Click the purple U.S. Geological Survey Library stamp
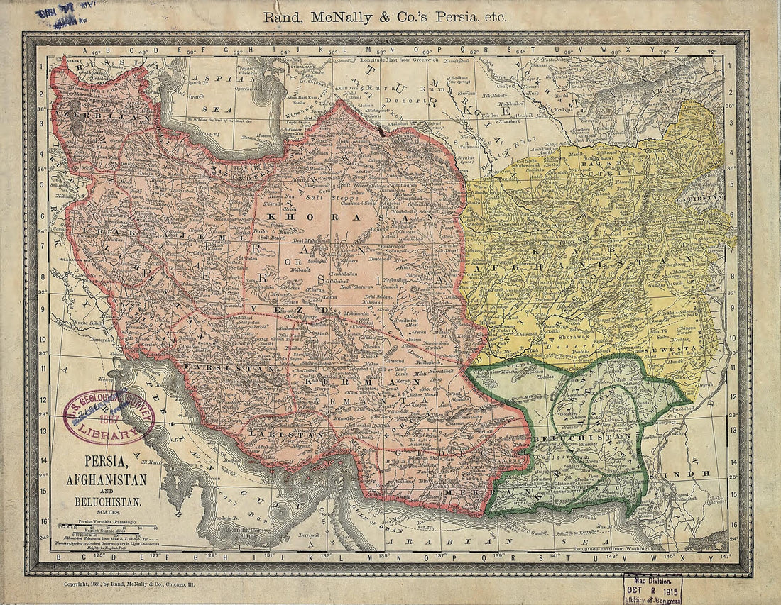(109, 416)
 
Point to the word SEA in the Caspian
(213, 110)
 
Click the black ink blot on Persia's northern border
(383, 130)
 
